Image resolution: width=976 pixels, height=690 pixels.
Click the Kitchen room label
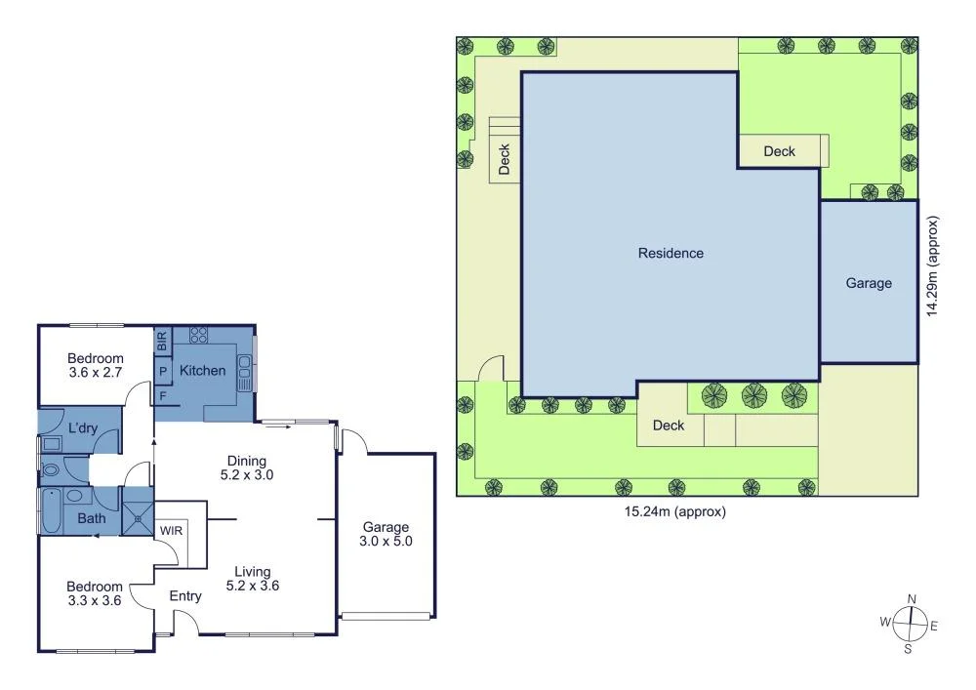pos(203,371)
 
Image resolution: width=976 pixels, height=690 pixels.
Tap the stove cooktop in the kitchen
pos(198,335)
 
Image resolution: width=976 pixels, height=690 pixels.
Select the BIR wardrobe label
pos(162,342)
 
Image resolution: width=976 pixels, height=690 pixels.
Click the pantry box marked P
pos(162,371)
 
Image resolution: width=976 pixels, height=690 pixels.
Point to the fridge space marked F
pos(162,395)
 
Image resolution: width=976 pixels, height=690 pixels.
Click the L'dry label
pos(83,428)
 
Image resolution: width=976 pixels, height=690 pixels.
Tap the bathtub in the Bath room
pos(52,511)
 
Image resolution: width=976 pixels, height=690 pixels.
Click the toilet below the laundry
pos(52,469)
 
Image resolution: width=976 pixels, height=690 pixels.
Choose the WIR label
pos(172,529)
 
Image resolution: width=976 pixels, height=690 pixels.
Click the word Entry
pos(185,596)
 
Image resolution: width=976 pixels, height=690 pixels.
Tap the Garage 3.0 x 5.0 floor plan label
pos(385,534)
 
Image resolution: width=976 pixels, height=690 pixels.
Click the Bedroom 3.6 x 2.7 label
pos(96,365)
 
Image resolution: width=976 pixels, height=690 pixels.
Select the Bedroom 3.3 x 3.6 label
pos(94,593)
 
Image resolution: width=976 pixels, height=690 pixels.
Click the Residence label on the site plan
pos(671,254)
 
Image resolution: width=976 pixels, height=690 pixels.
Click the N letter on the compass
pos(912,599)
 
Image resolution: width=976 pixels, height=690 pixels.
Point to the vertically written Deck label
pos(505,159)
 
